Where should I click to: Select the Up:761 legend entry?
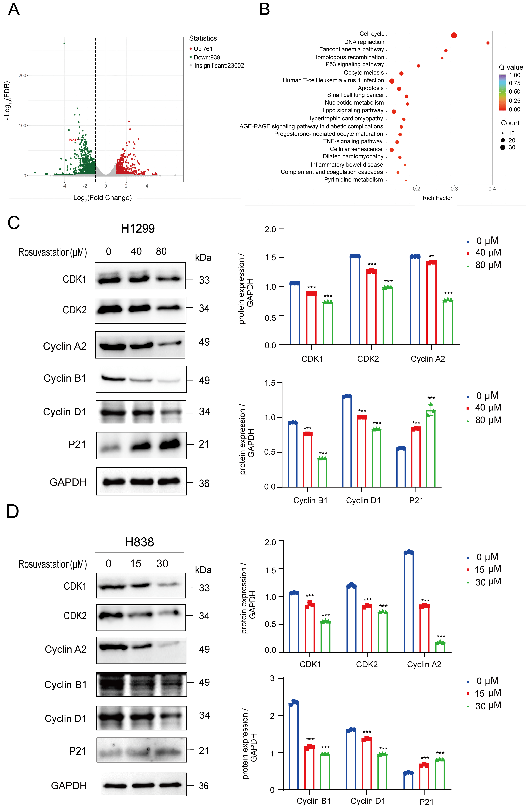pos(203,49)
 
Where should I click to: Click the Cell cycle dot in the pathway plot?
pos(454,35)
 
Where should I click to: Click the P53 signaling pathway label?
pos(354,64)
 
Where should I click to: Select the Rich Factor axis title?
pos(437,198)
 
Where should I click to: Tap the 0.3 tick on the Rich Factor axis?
pos(454,189)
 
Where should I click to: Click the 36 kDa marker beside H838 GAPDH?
pos(204,786)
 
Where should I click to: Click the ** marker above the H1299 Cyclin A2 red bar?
pos(431,256)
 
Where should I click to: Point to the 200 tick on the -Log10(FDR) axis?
pos(22,75)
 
